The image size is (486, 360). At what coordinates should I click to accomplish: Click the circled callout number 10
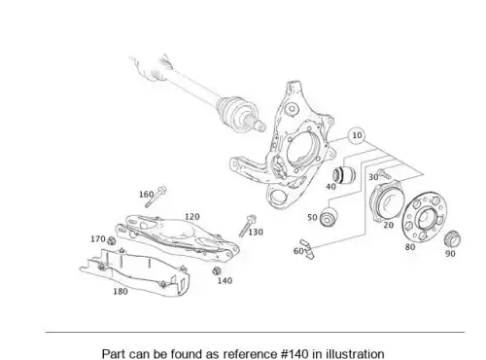(357, 135)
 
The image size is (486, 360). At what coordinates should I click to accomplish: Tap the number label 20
(388, 225)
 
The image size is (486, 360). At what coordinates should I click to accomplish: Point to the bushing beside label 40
(344, 174)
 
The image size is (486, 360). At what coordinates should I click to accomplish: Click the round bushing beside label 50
(329, 217)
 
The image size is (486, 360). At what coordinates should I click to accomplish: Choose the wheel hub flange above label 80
(424, 216)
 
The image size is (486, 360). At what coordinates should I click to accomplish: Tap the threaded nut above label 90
(452, 239)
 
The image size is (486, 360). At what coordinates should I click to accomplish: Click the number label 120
(192, 216)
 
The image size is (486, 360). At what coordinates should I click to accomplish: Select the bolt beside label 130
(247, 226)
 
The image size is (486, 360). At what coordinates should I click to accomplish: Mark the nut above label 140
(217, 270)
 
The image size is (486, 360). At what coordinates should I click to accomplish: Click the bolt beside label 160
(156, 197)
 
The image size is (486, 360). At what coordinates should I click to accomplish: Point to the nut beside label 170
(111, 240)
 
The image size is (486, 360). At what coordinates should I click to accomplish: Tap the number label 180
(121, 291)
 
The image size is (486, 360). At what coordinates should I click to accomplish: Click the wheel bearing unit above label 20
(386, 201)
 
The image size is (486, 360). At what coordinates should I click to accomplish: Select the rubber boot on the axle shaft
(236, 111)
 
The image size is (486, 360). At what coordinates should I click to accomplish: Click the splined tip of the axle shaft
(260, 126)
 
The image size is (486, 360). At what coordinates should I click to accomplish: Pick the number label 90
(450, 253)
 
